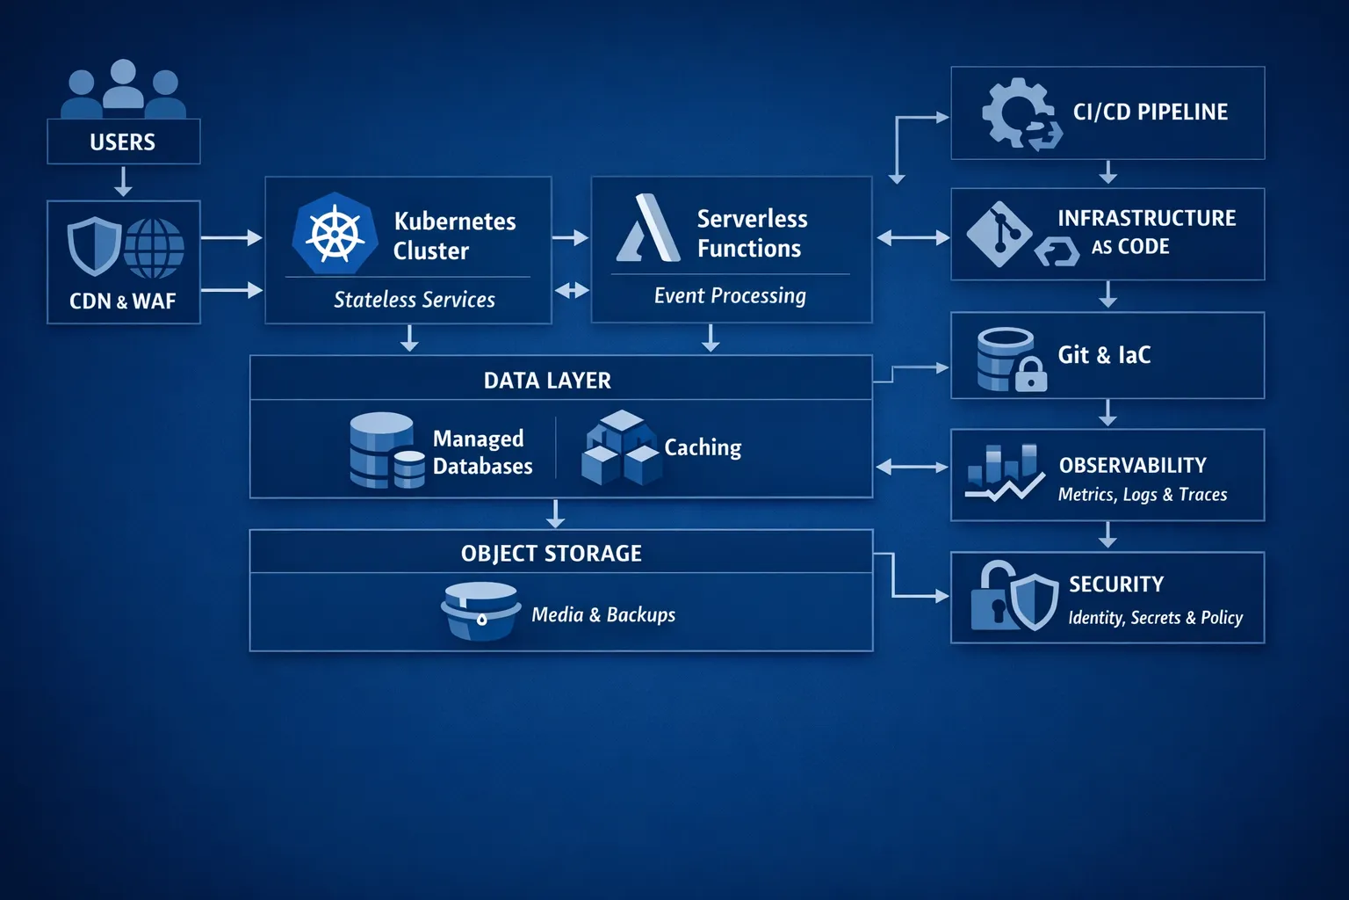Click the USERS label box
point(123,142)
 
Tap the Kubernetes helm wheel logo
point(335,234)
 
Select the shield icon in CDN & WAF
point(94,245)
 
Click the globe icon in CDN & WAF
point(154,247)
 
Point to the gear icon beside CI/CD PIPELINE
point(1017,113)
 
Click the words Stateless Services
point(415,300)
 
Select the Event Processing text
point(730,296)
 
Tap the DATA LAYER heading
point(547,381)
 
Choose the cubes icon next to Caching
point(620,448)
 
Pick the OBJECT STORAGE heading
point(552,554)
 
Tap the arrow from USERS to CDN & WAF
point(123,181)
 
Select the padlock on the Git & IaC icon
point(1031,376)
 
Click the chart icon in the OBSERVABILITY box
point(1004,473)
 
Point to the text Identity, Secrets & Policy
point(1155,618)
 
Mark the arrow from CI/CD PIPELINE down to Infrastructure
point(1108,172)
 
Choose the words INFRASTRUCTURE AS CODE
point(1145,232)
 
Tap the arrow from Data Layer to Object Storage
point(555,513)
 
